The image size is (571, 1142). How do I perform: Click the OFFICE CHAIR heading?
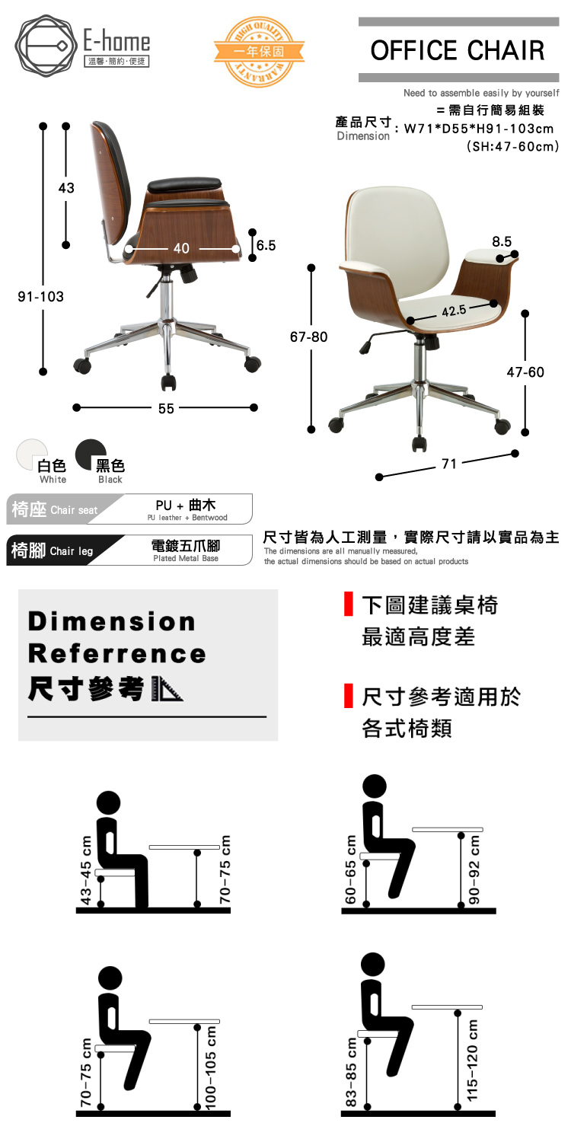click(x=458, y=50)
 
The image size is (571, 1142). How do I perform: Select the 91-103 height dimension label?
click(x=41, y=296)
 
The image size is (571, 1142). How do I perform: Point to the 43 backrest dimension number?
click(x=66, y=188)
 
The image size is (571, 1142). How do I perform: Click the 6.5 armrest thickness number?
click(x=266, y=245)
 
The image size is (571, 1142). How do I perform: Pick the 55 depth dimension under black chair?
click(x=166, y=409)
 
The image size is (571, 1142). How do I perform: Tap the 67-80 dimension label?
click(x=309, y=336)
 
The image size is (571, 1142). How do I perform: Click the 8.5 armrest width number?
click(x=502, y=241)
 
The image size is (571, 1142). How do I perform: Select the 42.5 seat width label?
click(x=454, y=310)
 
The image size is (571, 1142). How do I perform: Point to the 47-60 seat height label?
click(x=525, y=372)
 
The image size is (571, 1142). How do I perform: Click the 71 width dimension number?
click(x=450, y=464)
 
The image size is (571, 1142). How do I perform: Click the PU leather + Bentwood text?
click(x=187, y=518)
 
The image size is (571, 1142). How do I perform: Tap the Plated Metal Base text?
click(x=187, y=558)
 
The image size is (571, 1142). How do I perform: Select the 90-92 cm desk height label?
click(x=474, y=869)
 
